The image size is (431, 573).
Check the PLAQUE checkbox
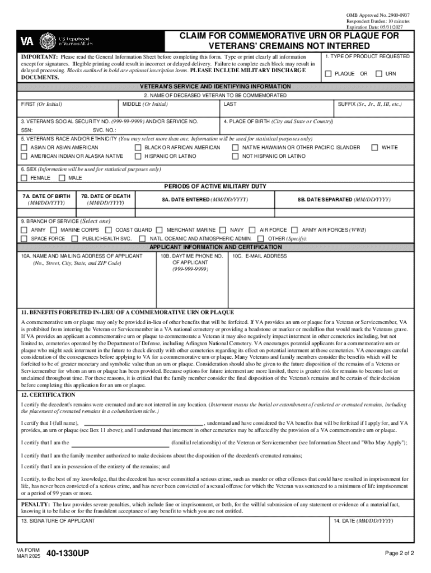329,74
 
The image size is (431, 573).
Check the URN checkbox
379,74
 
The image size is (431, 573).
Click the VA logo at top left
27,41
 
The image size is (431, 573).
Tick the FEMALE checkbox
24,178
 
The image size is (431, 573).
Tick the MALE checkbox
62,178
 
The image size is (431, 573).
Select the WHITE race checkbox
375,148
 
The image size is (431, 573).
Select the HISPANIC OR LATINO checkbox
138,156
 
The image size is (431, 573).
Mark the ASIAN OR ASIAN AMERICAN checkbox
24,148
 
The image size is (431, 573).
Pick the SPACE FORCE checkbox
24,238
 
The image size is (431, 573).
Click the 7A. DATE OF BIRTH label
46,196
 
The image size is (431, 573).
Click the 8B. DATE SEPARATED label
344,200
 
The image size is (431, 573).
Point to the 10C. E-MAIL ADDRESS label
259,256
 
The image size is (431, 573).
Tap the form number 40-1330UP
68,554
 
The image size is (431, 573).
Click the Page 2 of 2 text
399,554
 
